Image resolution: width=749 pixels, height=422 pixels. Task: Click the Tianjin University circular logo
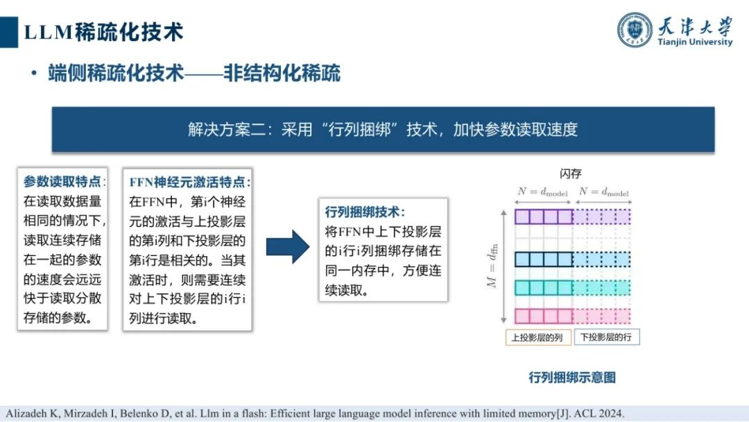pyautogui.click(x=635, y=30)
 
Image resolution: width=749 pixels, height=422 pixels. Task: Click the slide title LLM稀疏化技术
pyautogui.click(x=103, y=32)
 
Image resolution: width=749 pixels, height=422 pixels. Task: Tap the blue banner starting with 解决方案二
pyautogui.click(x=383, y=130)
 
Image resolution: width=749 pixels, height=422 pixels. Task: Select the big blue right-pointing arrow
pyautogui.click(x=288, y=246)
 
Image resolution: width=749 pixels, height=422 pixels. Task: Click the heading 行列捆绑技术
pyautogui.click(x=365, y=212)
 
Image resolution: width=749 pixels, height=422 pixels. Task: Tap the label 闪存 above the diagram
pyautogui.click(x=570, y=174)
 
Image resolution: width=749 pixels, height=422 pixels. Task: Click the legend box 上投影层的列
pyautogui.click(x=538, y=337)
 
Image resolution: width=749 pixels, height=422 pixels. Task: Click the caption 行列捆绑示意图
pyautogui.click(x=572, y=378)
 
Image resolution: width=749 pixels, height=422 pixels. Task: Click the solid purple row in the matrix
pyautogui.click(x=543, y=217)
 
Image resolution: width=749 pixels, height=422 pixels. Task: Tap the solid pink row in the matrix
pyautogui.click(x=543, y=316)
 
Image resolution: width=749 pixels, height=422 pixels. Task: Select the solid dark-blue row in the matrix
pyautogui.click(x=543, y=260)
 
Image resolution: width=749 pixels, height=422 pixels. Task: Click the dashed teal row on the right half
pyautogui.click(x=602, y=287)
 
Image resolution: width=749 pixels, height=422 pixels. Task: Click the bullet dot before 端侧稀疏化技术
pyautogui.click(x=33, y=74)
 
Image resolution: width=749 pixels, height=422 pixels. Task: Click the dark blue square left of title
pyautogui.click(x=9, y=33)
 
